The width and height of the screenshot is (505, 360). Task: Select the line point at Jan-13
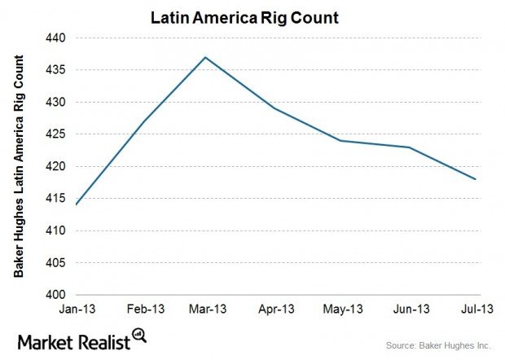tap(76, 204)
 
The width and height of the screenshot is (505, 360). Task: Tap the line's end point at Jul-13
tap(475, 179)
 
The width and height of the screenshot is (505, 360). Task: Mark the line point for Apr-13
tap(275, 108)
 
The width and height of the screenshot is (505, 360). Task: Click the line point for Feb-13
tap(143, 121)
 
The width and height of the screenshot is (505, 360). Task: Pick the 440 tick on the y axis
tap(59, 37)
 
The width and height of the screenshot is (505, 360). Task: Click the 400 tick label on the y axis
tap(59, 295)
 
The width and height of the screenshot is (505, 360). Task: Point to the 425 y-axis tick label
tap(59, 134)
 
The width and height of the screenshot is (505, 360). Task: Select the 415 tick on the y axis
tap(59, 199)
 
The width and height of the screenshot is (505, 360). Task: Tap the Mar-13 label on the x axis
tap(209, 310)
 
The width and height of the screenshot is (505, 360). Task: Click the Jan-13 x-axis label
tap(76, 310)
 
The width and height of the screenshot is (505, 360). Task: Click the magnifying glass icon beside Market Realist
tap(139, 335)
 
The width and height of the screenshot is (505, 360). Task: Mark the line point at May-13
tap(342, 141)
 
